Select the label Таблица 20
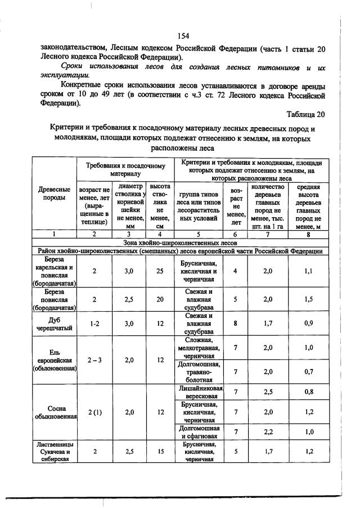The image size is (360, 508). (306, 114)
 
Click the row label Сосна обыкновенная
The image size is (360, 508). (55, 412)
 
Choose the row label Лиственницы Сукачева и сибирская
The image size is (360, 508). (55, 451)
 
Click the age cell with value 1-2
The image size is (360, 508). (94, 324)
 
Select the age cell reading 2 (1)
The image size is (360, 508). (94, 412)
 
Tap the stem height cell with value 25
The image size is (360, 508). (160, 271)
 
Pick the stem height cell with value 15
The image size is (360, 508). (160, 451)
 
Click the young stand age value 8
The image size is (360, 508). (235, 324)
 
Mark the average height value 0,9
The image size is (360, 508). (308, 324)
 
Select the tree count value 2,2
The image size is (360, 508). (271, 431)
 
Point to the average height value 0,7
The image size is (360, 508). (308, 372)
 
